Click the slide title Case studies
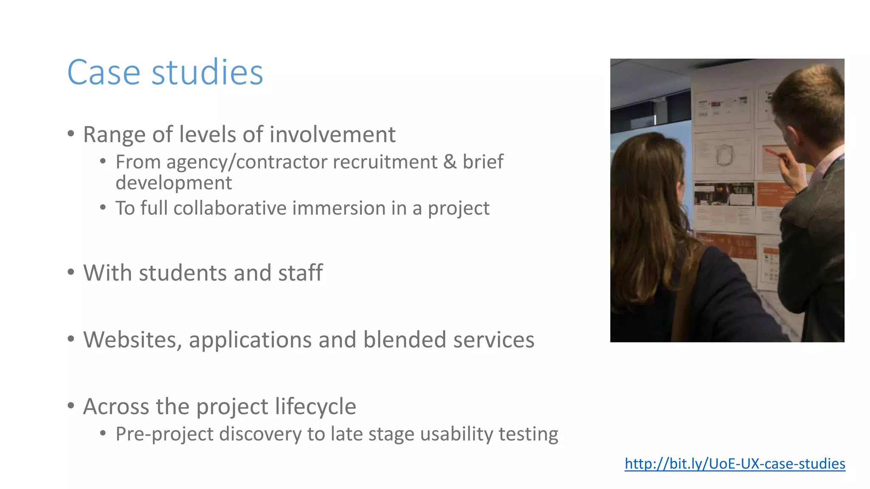[165, 73]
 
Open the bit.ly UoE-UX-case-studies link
[734, 464]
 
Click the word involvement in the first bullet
[332, 135]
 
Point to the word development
[174, 183]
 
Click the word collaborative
[230, 208]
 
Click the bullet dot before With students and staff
[71, 272]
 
